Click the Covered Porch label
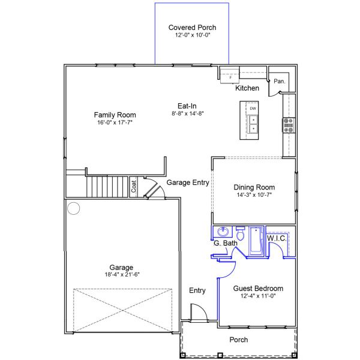coord(192,28)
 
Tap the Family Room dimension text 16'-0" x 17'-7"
coord(115,122)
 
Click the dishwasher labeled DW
coord(253,108)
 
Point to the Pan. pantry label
coord(279,81)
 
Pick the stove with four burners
coord(288,125)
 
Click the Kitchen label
coord(247,88)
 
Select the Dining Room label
coord(254,187)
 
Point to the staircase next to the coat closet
coord(108,187)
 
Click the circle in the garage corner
coord(73,208)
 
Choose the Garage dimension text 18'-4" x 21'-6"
coord(121,275)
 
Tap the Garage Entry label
coord(187,182)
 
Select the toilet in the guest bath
coord(240,233)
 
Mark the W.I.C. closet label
coord(277,238)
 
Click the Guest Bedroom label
coord(258,289)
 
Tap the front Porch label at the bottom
coord(239,340)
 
